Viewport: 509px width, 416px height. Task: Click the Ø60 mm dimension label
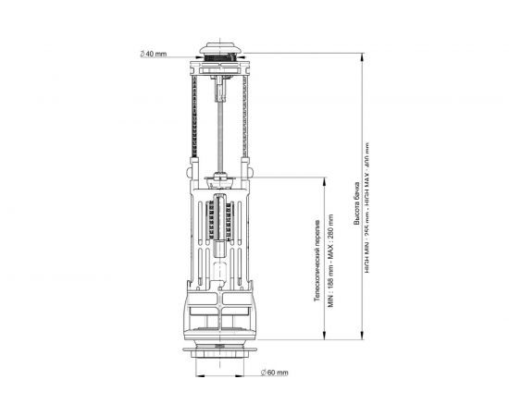point(276,372)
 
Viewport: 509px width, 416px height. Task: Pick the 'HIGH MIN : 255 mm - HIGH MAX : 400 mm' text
point(367,213)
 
